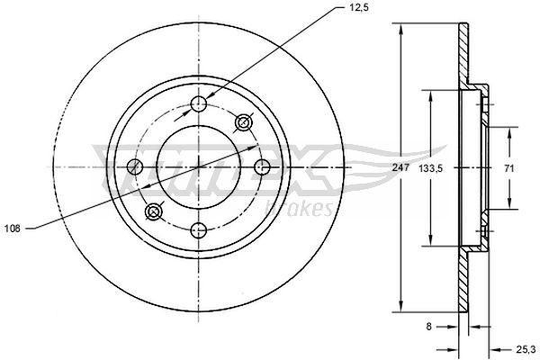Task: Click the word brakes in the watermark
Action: pyautogui.click(x=306, y=209)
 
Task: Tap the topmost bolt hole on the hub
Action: pyautogui.click(x=200, y=104)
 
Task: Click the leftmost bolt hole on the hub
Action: pyautogui.click(x=136, y=166)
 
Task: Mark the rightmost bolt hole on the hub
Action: pyautogui.click(x=263, y=166)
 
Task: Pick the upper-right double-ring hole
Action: pyautogui.click(x=243, y=122)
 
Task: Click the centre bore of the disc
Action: pyautogui.click(x=199, y=166)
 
